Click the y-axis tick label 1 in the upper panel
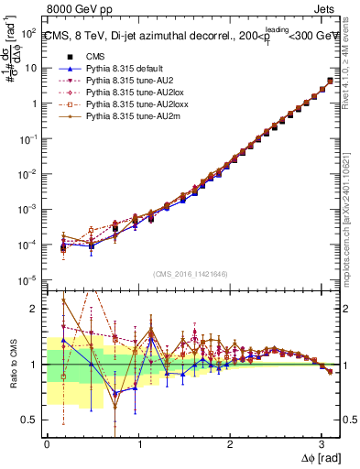coord(33,103)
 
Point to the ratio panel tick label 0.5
coord(30,420)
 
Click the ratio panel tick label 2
coord(35,309)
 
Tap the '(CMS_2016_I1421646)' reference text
coord(191,274)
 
